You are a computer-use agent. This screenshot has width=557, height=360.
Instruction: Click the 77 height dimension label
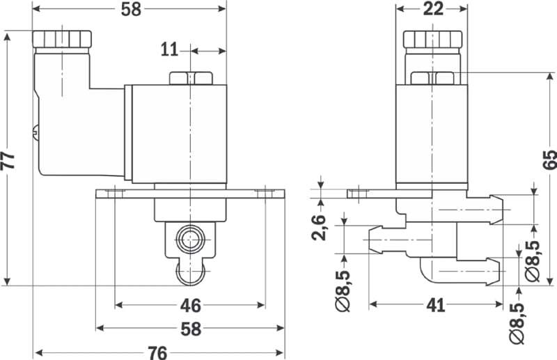click(x=8, y=160)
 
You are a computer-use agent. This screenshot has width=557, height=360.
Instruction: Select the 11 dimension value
click(x=170, y=49)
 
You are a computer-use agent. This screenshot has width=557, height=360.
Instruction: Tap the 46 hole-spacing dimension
click(x=190, y=305)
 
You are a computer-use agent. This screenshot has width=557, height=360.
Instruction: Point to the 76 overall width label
click(x=158, y=352)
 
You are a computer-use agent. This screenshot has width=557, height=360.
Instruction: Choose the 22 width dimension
click(x=432, y=9)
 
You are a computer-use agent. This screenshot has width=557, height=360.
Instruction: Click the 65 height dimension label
click(x=549, y=160)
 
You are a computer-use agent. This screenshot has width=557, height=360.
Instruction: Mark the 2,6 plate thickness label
click(x=319, y=227)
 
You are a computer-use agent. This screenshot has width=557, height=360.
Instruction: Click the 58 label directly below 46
click(x=190, y=327)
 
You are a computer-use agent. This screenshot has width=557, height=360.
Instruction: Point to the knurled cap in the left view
click(x=63, y=40)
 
